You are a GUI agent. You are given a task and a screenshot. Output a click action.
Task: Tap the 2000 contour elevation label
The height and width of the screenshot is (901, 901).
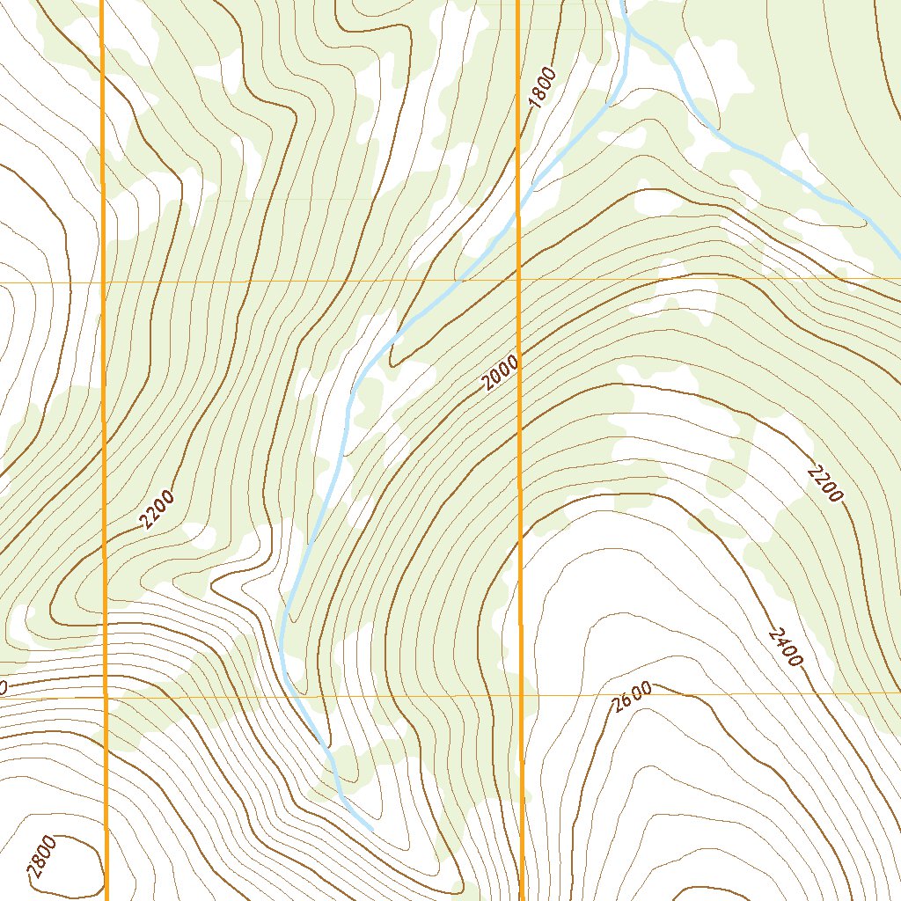pos(501,373)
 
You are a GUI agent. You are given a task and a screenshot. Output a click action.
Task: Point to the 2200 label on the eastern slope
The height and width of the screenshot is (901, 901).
pos(824,485)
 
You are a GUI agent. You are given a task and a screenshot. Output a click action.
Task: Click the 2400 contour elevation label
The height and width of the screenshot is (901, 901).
pos(786,647)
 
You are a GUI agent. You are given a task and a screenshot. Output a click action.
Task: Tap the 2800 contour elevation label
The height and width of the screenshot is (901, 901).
pos(41,858)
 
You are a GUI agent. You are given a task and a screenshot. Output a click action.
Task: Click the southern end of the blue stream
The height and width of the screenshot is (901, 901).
pos(371,829)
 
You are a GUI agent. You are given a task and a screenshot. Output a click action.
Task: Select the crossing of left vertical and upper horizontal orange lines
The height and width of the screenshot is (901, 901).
pos(104,282)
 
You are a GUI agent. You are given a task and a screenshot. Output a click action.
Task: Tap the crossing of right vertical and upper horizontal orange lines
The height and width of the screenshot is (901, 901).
pos(518,281)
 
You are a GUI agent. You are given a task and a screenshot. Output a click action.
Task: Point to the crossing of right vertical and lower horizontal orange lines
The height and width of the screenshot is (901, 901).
pos(521,695)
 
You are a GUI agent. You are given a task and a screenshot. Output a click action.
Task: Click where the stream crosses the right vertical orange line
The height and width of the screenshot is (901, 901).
pos(518,211)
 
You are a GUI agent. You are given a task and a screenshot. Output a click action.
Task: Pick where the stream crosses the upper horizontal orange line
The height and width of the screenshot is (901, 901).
pos(458,282)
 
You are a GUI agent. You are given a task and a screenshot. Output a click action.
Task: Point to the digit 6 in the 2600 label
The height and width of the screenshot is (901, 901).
pos(626,701)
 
